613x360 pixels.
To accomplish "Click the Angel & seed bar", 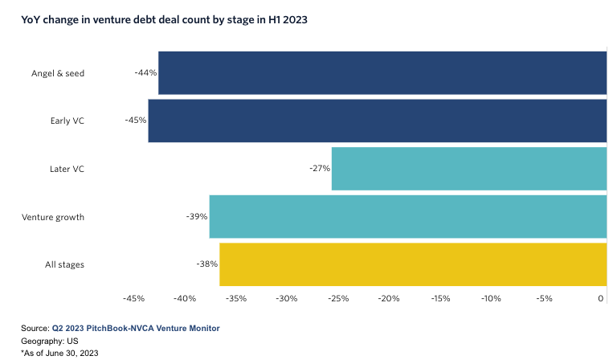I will [382, 73].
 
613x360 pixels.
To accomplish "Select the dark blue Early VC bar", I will [377, 121].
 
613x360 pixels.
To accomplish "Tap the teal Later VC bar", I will [468, 169].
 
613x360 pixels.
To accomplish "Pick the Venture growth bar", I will [407, 217].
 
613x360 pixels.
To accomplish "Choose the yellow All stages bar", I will [412, 264].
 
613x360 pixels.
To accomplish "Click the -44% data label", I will [145, 72].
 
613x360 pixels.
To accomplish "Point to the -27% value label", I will [319, 169].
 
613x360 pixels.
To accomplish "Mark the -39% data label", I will [197, 217].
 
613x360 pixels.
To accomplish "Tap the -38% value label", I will [206, 264].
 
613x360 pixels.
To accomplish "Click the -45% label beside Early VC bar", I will [135, 121].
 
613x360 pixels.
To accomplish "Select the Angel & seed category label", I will [58, 73].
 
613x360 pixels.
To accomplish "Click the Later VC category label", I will [67, 169].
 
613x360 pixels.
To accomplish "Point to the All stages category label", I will [64, 264].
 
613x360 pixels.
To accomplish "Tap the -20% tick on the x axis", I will [389, 299].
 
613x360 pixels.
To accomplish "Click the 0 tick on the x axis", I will [601, 299].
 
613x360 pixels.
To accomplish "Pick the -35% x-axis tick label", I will [235, 299].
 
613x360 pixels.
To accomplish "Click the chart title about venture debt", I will [164, 19].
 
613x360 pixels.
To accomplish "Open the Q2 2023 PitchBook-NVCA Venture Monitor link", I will [136, 328].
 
